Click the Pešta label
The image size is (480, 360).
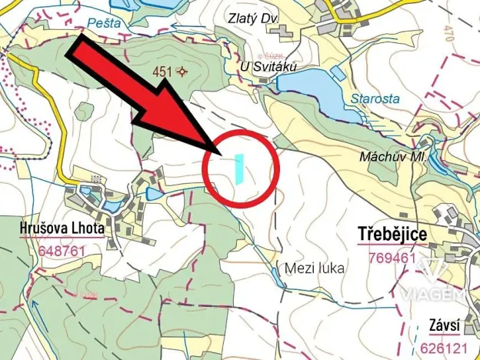(105, 22)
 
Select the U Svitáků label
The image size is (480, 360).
(268, 68)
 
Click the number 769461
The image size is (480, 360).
(393, 257)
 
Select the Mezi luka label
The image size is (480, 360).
(314, 268)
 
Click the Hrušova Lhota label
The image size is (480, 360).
(61, 228)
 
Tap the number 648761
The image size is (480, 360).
(61, 251)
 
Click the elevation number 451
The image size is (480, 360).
(162, 72)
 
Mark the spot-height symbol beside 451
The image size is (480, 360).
(182, 72)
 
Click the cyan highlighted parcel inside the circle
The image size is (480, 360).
(239, 168)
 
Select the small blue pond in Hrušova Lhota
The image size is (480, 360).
(152, 193)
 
